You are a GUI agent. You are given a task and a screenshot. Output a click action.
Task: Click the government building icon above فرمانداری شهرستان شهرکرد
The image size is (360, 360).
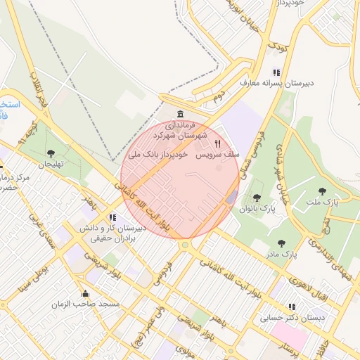[181, 115]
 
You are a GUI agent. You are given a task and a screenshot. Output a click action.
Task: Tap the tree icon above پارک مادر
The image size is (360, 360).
[282, 243]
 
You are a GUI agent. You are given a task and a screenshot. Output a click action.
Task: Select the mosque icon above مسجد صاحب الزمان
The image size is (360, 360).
[86, 294]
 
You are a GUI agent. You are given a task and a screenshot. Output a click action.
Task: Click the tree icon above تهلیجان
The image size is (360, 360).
[51, 153]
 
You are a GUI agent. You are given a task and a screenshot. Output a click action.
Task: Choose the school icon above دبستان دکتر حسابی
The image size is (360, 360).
[292, 307]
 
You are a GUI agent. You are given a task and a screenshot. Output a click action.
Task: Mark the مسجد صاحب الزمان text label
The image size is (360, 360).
[86, 304]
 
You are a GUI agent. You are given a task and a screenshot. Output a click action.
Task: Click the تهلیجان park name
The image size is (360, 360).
[51, 164]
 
